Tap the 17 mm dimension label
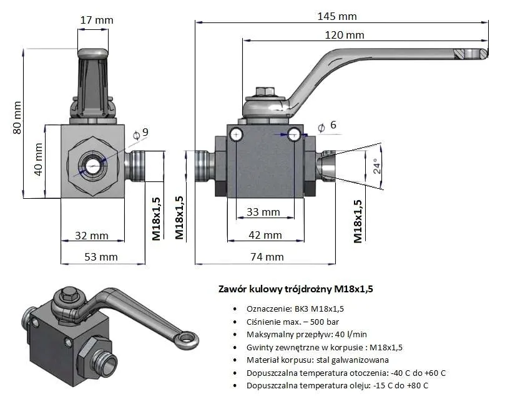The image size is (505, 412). coord(97,20)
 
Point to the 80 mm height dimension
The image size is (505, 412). coord(18,117)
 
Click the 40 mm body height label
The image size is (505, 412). coord(39,160)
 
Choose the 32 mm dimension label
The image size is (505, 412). coord(90,236)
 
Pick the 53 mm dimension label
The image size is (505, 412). coord(100,256)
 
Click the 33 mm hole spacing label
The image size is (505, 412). coord(263,212)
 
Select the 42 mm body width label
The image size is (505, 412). coord(264,235)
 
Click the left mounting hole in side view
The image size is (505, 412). coord(236,134)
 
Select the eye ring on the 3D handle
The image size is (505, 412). coord(187,339)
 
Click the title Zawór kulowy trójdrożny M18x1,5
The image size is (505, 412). coord(297,289)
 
